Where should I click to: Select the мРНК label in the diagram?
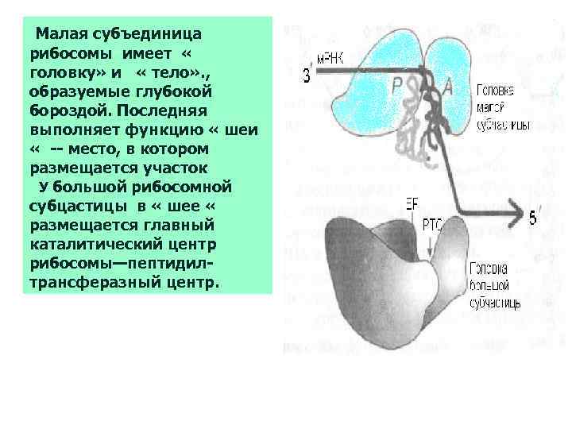click(331, 58)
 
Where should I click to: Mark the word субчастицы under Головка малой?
click(504, 126)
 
